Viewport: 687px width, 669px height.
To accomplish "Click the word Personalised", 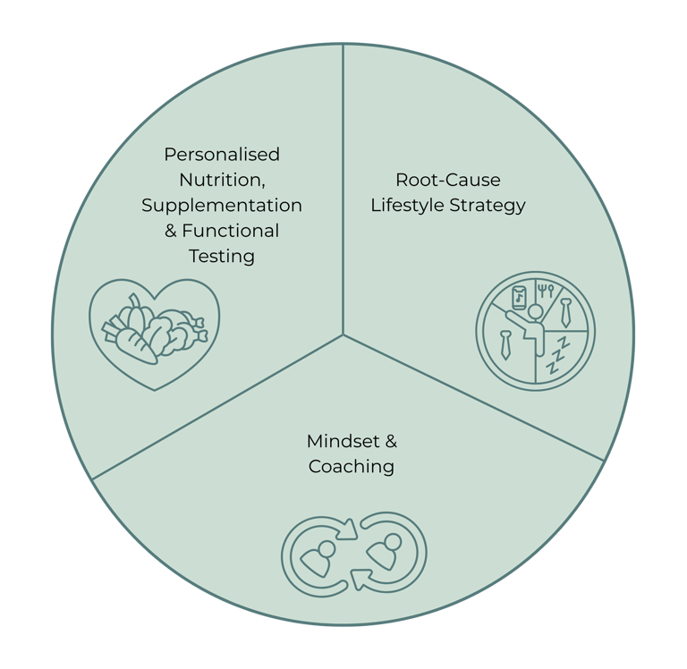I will click(x=222, y=155).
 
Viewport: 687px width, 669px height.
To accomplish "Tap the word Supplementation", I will click(x=222, y=206).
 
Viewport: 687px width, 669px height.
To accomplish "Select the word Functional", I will click(x=231, y=231).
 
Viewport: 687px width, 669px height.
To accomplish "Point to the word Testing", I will click(x=222, y=257).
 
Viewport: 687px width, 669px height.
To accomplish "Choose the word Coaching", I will click(x=352, y=466).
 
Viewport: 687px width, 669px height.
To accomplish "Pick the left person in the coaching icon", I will click(x=318, y=556).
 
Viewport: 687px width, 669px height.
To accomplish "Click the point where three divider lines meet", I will click(x=343, y=335).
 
